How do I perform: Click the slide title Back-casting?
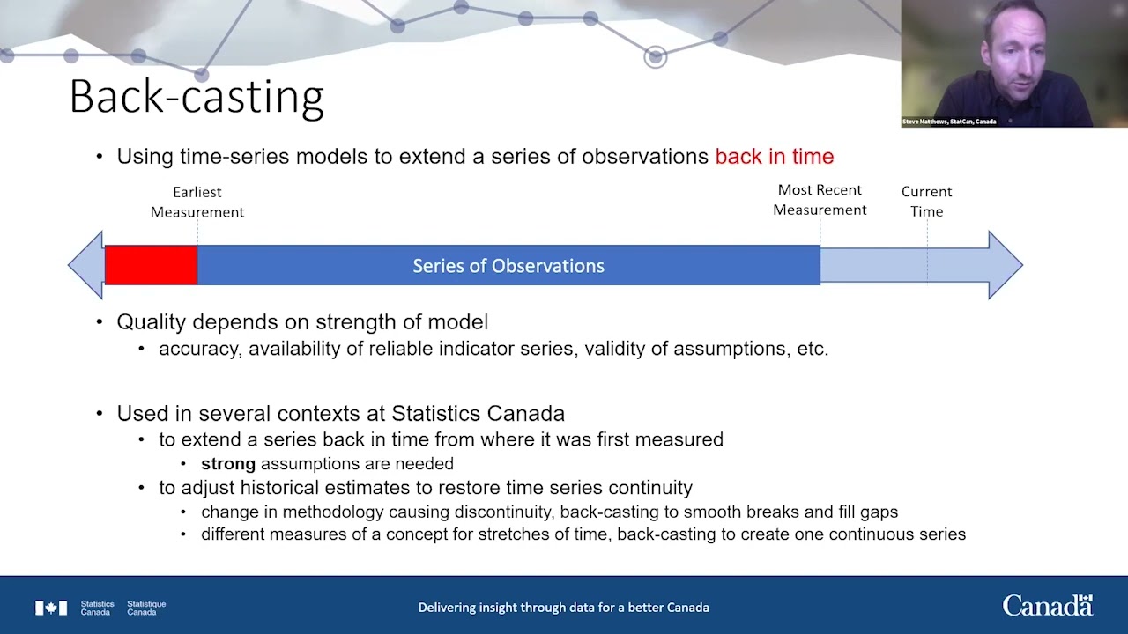pyautogui.click(x=197, y=98)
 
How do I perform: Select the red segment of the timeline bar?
pyautogui.click(x=151, y=265)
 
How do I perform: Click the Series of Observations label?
pyautogui.click(x=508, y=266)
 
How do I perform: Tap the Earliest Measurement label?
pyautogui.click(x=197, y=202)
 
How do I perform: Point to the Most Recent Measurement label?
pyautogui.click(x=820, y=200)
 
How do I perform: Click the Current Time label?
pyautogui.click(x=926, y=202)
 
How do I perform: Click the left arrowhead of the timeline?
pyautogui.click(x=86, y=265)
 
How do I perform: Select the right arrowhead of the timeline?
pyautogui.click(x=1006, y=265)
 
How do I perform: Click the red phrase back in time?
pyautogui.click(x=775, y=157)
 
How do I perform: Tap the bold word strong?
pyautogui.click(x=228, y=463)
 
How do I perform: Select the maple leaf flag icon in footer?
pyautogui.click(x=51, y=608)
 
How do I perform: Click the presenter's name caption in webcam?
pyautogui.click(x=949, y=122)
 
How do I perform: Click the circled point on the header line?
pyautogui.click(x=655, y=57)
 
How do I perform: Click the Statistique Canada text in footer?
pyautogui.click(x=146, y=608)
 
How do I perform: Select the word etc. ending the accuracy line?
pyautogui.click(x=813, y=349)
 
